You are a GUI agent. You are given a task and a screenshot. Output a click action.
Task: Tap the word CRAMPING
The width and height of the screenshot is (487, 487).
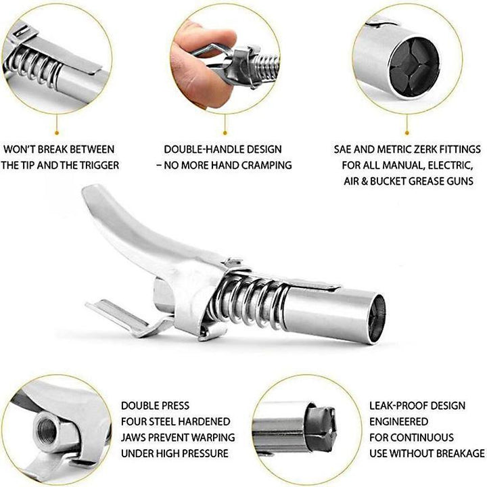(266, 165)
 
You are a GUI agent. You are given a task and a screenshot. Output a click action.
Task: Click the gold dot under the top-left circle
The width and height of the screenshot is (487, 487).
(57, 133)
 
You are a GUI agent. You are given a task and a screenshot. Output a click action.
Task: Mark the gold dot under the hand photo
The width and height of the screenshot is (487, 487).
(225, 133)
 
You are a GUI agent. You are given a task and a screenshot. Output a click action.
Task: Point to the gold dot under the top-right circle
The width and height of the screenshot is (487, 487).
(407, 133)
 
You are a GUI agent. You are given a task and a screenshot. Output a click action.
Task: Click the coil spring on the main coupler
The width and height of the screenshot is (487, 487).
(250, 304)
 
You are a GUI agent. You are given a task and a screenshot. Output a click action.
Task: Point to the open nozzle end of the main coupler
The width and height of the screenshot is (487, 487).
(377, 319)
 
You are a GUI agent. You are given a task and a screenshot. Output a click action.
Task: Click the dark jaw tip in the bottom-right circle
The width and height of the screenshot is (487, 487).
(322, 425)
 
